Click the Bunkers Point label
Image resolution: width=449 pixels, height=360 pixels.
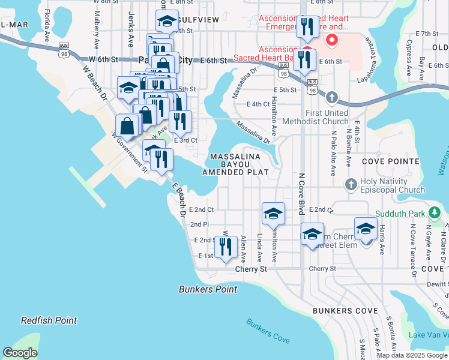(208, 289)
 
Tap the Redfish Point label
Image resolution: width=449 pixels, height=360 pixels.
(49, 320)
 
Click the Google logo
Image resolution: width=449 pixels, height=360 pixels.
(20, 353)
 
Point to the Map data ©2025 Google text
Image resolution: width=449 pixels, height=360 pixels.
(412, 355)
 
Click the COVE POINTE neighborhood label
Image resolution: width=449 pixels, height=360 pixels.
(391, 161)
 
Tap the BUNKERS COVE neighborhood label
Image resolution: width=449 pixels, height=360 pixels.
(345, 311)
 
